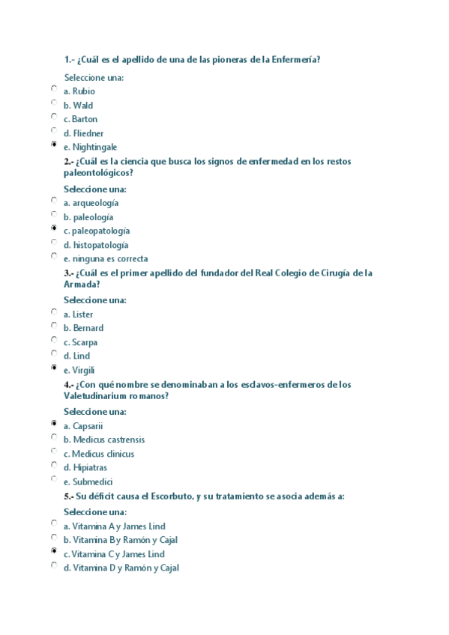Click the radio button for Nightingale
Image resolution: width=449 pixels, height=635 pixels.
coord(54,145)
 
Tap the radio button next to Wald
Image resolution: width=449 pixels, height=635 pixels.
coord(54,103)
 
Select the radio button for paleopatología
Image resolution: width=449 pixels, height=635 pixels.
coord(54,228)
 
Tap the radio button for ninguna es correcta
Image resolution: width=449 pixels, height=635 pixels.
coord(54,256)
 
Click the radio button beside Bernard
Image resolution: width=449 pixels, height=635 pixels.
coord(54,326)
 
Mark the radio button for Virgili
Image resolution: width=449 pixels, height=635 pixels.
coord(54,368)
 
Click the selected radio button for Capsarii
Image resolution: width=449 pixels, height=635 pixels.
coord(54,423)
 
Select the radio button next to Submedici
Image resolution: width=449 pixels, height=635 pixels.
coord(54,479)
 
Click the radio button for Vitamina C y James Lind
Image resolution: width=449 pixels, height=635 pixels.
coord(54,551)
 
